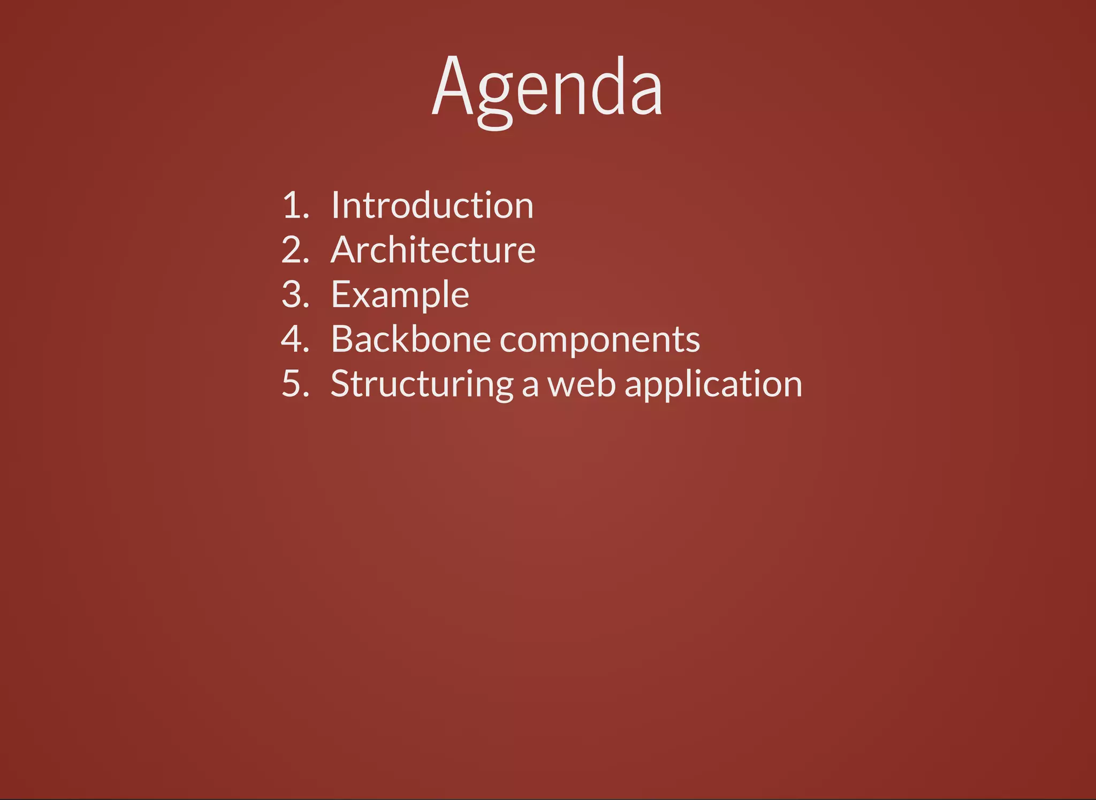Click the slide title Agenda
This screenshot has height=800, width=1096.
point(547,88)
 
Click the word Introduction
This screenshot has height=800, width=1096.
point(432,205)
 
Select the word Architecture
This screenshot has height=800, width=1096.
point(433,250)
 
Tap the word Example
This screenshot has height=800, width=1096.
point(400,295)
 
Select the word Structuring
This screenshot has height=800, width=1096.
point(422,384)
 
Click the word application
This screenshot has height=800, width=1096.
point(713,384)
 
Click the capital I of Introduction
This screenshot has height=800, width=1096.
point(335,205)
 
